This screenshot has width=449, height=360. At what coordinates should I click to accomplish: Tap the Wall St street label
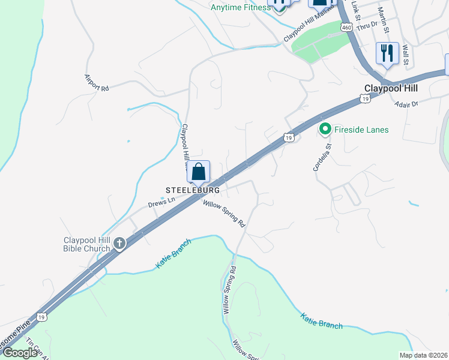tap(406, 55)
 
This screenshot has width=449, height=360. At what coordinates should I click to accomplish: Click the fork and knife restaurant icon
tap(387, 53)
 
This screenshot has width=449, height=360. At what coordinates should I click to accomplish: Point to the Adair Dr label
tap(406, 104)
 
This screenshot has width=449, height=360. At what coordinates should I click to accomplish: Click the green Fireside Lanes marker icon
tap(325, 129)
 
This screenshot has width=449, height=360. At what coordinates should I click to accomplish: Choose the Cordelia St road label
tap(322, 158)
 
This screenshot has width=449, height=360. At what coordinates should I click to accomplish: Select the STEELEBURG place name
tap(192, 190)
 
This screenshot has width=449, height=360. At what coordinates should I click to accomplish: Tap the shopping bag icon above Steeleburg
tap(199, 172)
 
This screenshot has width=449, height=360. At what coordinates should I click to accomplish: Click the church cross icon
tap(119, 244)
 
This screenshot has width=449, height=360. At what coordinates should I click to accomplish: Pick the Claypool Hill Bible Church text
tap(87, 244)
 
